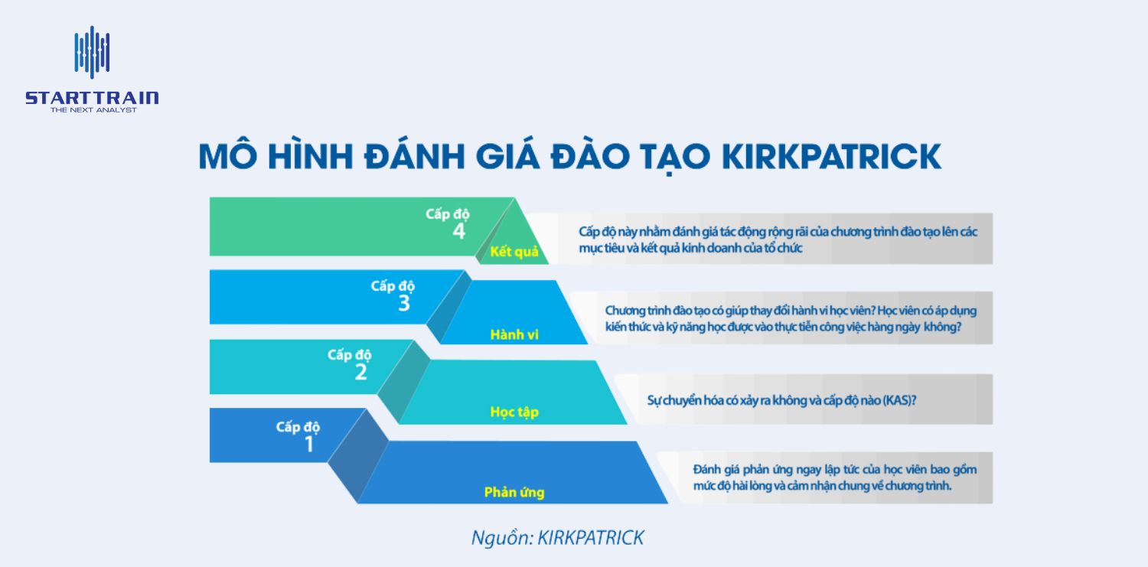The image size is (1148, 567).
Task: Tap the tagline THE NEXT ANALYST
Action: pyautogui.click(x=93, y=110)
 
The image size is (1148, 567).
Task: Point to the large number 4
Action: pyautogui.click(x=458, y=231)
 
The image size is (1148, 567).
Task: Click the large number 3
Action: pyautogui.click(x=404, y=303)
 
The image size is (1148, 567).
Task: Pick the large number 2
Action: pyautogui.click(x=360, y=372)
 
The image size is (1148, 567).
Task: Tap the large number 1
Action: pyautogui.click(x=309, y=443)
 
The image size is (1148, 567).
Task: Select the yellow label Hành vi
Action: pyautogui.click(x=514, y=334)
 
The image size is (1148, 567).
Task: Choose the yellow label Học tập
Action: pyautogui.click(x=514, y=412)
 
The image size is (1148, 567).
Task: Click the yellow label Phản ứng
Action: pyautogui.click(x=514, y=492)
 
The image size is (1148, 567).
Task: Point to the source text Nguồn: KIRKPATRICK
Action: pyautogui.click(x=557, y=537)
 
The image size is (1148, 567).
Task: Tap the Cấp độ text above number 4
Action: pyautogui.click(x=448, y=213)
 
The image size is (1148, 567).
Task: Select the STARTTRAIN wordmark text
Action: pyautogui.click(x=92, y=98)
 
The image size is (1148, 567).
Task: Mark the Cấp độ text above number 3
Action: pyautogui.click(x=393, y=285)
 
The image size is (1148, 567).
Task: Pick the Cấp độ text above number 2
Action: pyautogui.click(x=350, y=354)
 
